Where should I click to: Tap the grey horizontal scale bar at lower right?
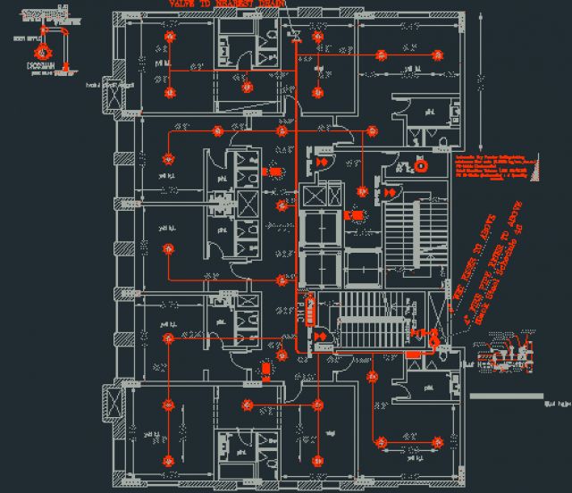pos(505,395)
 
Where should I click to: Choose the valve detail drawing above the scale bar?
pos(506,358)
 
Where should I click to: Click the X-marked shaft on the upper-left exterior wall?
pos(114,93)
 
